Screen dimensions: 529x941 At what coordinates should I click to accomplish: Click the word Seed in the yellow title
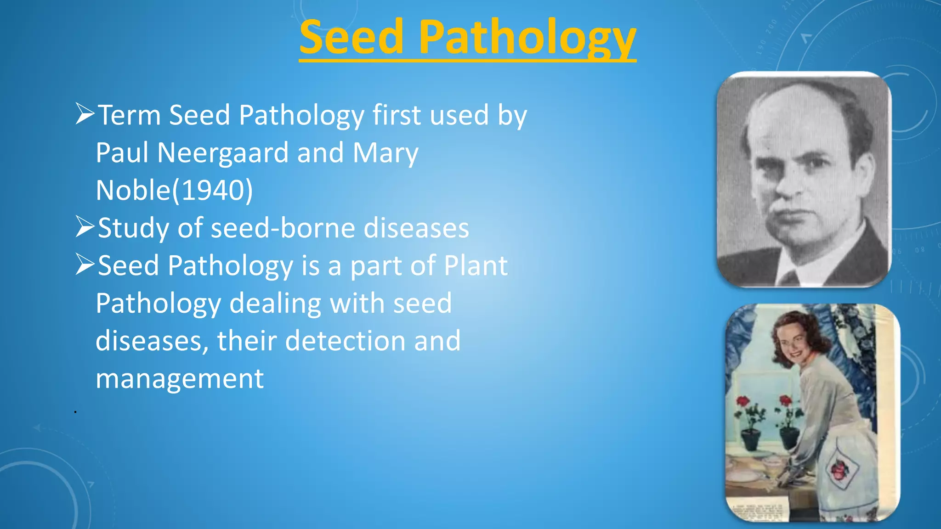[x=351, y=38]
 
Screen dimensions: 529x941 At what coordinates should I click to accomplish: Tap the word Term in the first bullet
[x=129, y=115]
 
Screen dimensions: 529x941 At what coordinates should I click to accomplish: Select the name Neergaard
[x=223, y=153]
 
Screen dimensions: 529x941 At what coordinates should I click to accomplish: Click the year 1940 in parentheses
[x=212, y=191]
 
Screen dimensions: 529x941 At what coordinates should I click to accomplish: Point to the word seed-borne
[x=283, y=228]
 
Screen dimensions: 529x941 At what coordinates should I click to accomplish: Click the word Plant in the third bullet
[x=476, y=266]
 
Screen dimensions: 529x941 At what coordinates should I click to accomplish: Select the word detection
[x=346, y=341]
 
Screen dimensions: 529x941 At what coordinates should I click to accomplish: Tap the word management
[x=180, y=379]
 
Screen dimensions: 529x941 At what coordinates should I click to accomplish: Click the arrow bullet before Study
[x=85, y=227]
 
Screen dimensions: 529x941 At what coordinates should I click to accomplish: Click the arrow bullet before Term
[x=85, y=114]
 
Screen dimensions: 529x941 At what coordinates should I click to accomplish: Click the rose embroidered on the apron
[x=839, y=471]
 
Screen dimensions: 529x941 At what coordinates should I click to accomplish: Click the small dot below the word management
[x=75, y=412]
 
